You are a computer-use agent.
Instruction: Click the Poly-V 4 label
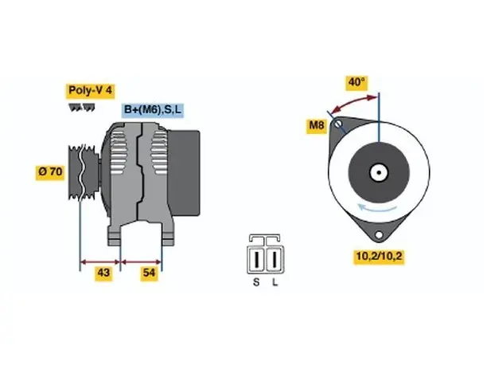click(x=90, y=90)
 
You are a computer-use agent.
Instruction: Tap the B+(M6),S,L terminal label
click(x=153, y=109)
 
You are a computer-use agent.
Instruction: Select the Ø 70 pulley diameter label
click(x=50, y=171)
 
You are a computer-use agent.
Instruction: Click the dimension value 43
click(x=103, y=273)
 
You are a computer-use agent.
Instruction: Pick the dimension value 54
click(x=149, y=273)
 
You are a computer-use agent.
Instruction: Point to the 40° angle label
click(x=356, y=82)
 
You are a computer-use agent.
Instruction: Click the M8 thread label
click(x=317, y=125)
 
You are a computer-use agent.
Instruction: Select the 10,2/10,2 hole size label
click(x=379, y=257)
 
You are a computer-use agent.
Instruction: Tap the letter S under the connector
click(x=256, y=282)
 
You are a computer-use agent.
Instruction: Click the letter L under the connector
click(x=275, y=282)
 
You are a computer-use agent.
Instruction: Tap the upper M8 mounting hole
click(x=338, y=124)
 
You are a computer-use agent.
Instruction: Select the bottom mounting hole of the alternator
click(x=379, y=235)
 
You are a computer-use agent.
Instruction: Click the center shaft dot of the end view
click(x=379, y=172)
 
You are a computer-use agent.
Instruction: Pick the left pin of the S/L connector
click(x=256, y=260)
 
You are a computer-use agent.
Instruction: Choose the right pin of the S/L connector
click(x=275, y=260)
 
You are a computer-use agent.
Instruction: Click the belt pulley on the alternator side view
click(x=82, y=172)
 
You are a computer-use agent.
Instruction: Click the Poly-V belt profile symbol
click(x=82, y=108)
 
